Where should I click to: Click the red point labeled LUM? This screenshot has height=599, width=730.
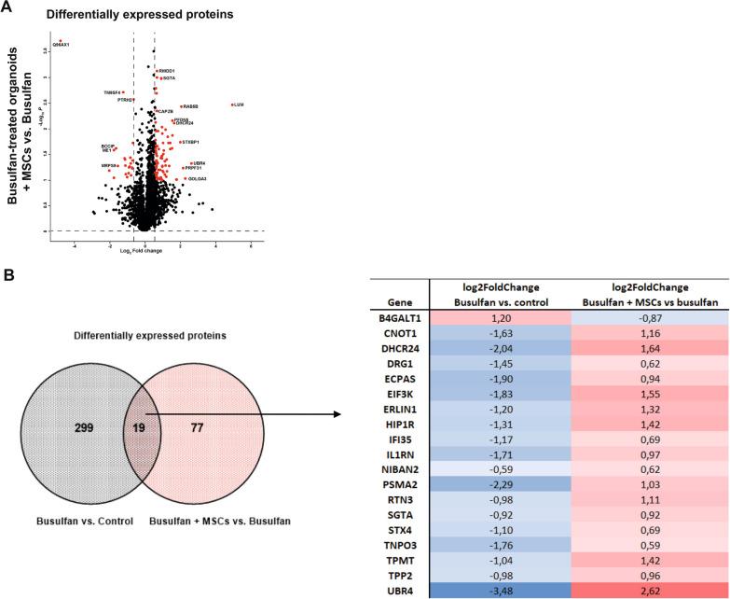click(232, 104)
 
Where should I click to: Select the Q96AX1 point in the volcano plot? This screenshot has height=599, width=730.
click(61, 41)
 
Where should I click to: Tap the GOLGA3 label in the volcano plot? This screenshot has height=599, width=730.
click(198, 178)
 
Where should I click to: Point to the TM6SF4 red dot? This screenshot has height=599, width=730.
click(123, 92)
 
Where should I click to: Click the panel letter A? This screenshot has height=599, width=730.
click(7, 8)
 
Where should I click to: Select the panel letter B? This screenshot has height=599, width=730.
click(7, 276)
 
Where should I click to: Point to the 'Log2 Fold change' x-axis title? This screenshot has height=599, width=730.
click(142, 250)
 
